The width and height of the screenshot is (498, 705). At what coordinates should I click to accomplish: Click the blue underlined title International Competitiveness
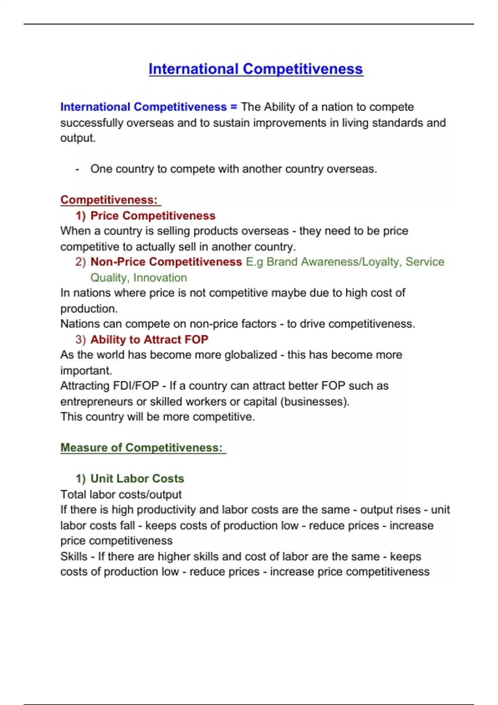point(256,69)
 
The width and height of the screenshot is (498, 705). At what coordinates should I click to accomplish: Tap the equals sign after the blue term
point(234,107)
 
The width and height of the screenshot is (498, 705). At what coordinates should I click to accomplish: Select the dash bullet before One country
point(77,169)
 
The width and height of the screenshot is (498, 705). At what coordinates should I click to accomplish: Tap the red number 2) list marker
point(81,262)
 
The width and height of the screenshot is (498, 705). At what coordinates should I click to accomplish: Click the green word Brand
point(282,262)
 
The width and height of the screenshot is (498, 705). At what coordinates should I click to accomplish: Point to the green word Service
point(425,262)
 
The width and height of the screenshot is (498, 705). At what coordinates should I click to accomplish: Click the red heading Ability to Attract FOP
point(149,340)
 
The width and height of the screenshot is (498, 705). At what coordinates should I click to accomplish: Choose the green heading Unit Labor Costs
point(137,479)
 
